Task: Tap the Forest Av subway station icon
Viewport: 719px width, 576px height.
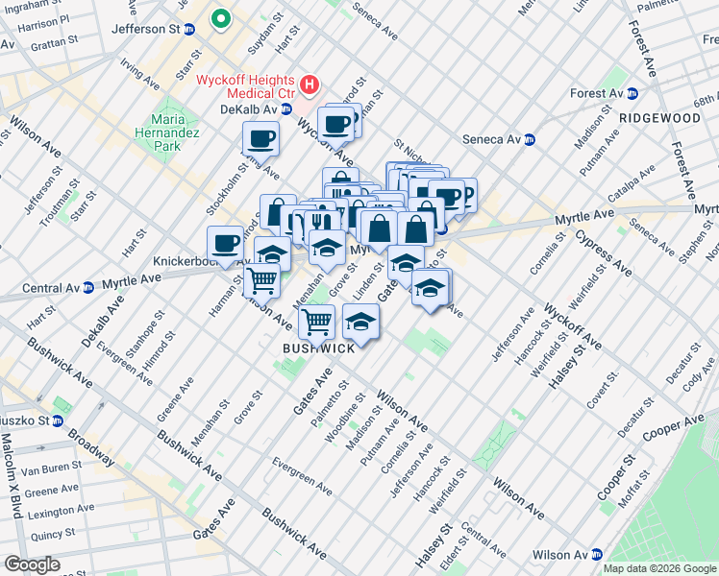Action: (x=632, y=93)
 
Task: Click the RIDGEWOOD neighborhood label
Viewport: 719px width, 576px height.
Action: (x=659, y=118)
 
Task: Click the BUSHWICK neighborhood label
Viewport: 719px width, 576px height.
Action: (x=318, y=348)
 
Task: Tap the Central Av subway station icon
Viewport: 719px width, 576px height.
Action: (x=87, y=286)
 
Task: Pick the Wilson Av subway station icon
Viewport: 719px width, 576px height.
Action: (x=596, y=554)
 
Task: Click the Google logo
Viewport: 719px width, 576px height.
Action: (x=32, y=564)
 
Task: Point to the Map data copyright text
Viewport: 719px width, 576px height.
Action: (x=658, y=568)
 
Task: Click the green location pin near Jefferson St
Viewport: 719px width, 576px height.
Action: (x=221, y=17)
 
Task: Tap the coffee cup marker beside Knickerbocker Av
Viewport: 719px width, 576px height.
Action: (x=225, y=244)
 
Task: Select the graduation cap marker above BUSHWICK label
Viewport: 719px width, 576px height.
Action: (x=360, y=322)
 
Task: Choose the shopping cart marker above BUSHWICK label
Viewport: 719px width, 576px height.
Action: (x=316, y=321)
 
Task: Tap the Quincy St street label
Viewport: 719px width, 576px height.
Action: (x=52, y=534)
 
